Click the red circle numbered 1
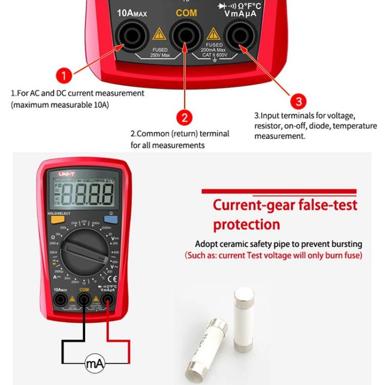(x=63, y=76)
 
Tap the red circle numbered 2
(x=185, y=117)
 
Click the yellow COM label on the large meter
(x=186, y=13)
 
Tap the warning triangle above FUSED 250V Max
(x=159, y=34)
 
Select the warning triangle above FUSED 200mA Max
(x=213, y=34)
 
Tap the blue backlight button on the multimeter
(x=111, y=219)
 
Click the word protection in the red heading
(x=246, y=224)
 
